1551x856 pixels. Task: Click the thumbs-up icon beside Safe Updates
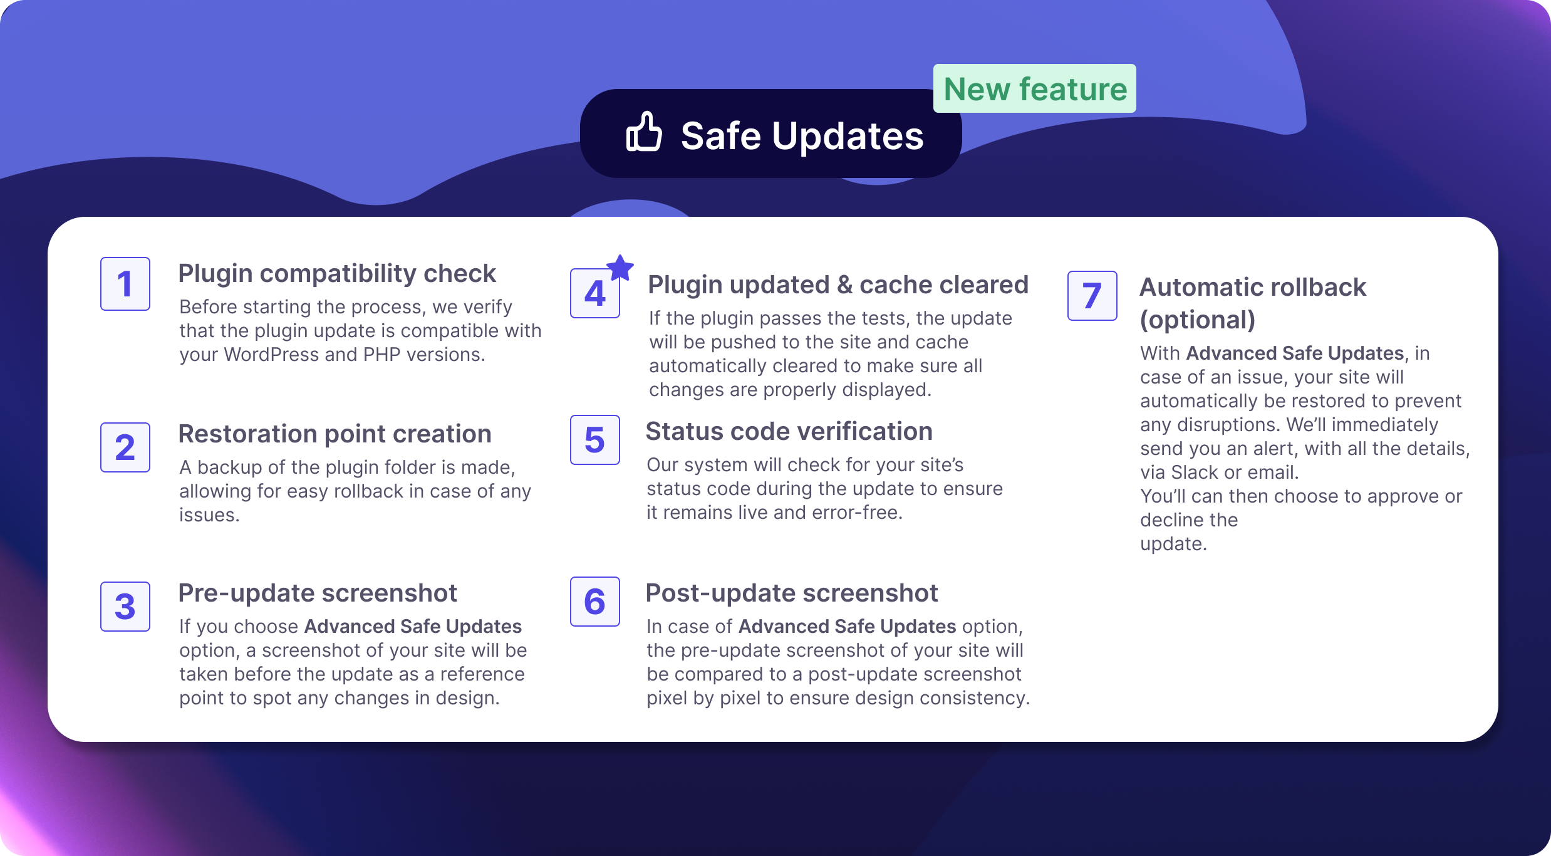pyautogui.click(x=644, y=132)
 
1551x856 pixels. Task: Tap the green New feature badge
pyautogui.click(x=1035, y=88)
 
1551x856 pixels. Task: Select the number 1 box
pyautogui.click(x=125, y=284)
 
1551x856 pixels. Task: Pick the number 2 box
pyautogui.click(x=125, y=447)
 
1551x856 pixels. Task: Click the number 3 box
pyautogui.click(x=125, y=607)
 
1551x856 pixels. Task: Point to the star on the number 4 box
pyautogui.click(x=620, y=268)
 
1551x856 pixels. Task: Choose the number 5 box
pyautogui.click(x=595, y=440)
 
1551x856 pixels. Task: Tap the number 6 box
pyautogui.click(x=595, y=602)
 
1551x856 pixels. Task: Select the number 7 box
pyautogui.click(x=1092, y=296)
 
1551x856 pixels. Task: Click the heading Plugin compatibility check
pyautogui.click(x=337, y=274)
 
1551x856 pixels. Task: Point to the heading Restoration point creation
pyautogui.click(x=335, y=434)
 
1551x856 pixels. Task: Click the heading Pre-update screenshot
pyautogui.click(x=318, y=593)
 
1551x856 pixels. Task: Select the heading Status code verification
pyautogui.click(x=789, y=432)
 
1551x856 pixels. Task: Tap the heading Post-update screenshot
pyautogui.click(x=792, y=593)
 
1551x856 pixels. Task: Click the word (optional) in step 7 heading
pyautogui.click(x=1198, y=320)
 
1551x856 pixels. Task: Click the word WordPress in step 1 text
pyautogui.click(x=272, y=355)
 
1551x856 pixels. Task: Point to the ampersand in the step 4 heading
pyautogui.click(x=844, y=285)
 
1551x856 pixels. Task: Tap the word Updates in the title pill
pyautogui.click(x=848, y=136)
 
